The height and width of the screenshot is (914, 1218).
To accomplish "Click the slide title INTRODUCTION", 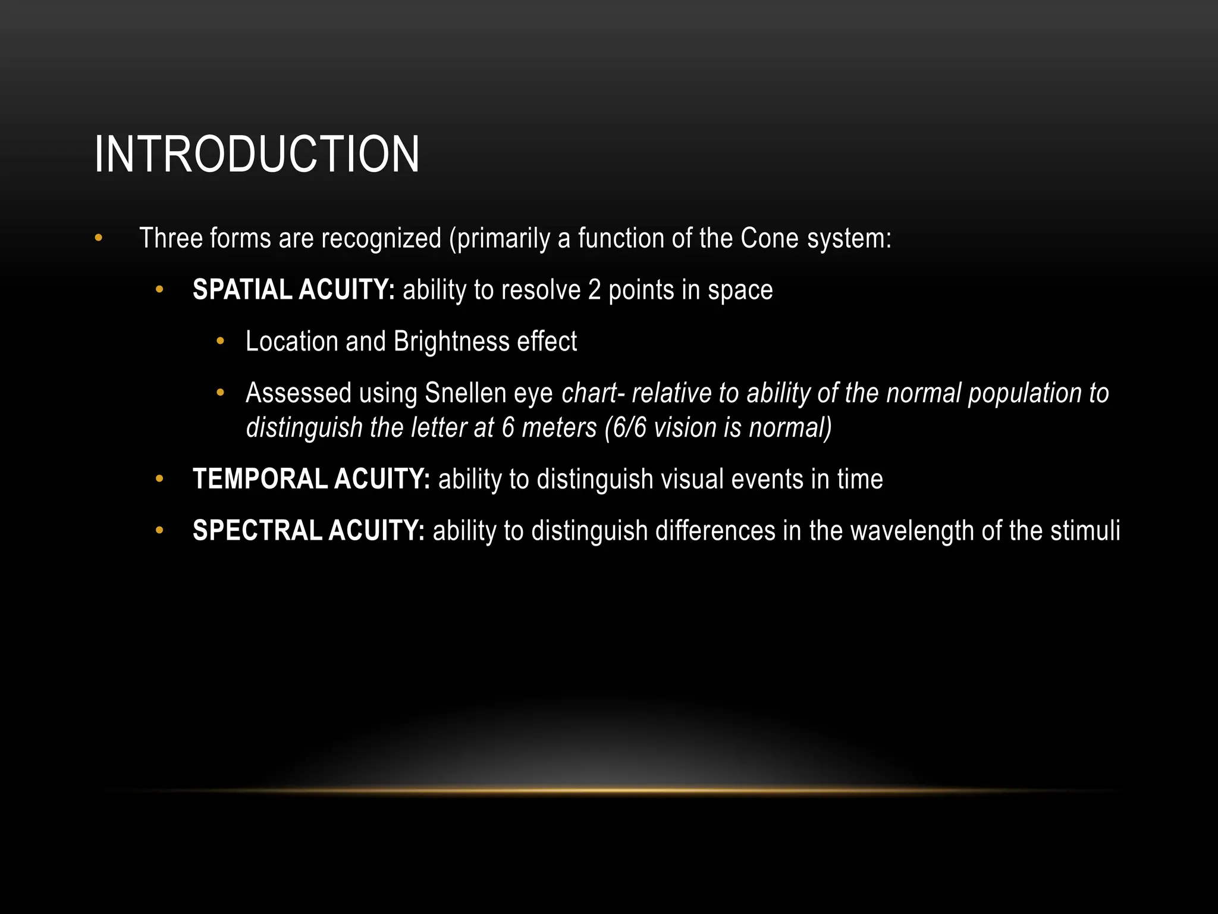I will (x=257, y=155).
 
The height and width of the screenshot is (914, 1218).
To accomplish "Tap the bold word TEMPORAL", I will (x=260, y=480).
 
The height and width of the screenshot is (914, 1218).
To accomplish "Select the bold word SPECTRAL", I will (x=257, y=531).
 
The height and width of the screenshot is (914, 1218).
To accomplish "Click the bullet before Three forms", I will (x=99, y=239).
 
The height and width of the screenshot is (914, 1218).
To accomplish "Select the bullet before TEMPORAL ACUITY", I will (x=159, y=479).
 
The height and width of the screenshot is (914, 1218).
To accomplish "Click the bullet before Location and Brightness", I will (x=221, y=342).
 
